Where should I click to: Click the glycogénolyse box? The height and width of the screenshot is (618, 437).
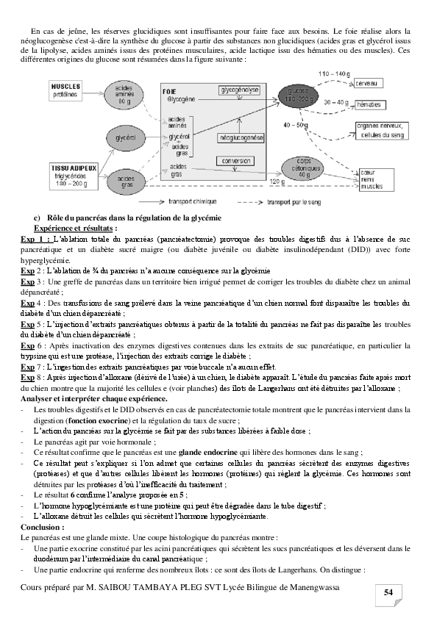(x=240, y=90)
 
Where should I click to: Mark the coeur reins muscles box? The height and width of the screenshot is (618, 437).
(x=372, y=180)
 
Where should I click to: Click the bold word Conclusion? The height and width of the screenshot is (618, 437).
(x=43, y=527)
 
